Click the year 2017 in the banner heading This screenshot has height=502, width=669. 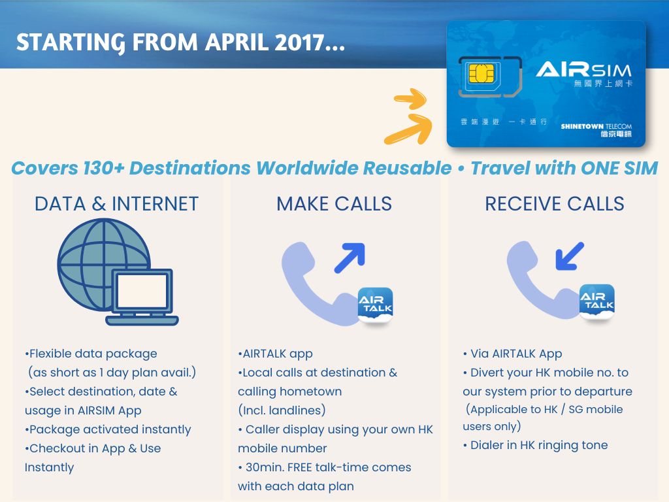click(x=299, y=42)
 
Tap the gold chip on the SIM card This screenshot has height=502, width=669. click(x=481, y=74)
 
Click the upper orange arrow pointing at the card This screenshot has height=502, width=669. click(x=411, y=99)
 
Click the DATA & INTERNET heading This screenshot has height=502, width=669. click(x=116, y=204)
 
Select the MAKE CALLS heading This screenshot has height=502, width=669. click(x=334, y=204)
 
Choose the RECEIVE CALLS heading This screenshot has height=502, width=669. click(x=554, y=204)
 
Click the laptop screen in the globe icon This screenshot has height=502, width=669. click(x=142, y=291)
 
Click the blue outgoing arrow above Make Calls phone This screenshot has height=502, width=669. click(x=350, y=258)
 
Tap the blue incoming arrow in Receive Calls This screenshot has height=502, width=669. click(x=570, y=256)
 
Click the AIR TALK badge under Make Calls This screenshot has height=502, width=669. click(x=375, y=305)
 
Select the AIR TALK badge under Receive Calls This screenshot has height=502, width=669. click(x=597, y=301)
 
